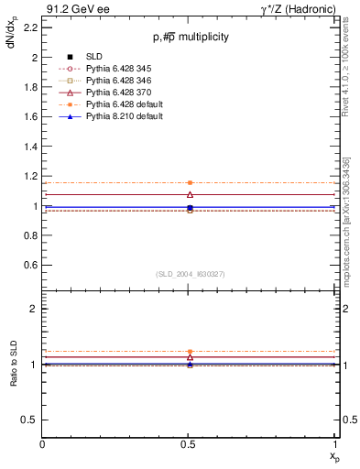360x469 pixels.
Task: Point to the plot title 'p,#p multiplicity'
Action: coord(191,37)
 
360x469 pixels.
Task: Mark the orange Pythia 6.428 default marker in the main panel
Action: coord(190,183)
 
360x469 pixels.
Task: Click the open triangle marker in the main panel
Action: coord(190,194)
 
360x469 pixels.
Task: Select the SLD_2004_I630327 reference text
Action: coord(190,274)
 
